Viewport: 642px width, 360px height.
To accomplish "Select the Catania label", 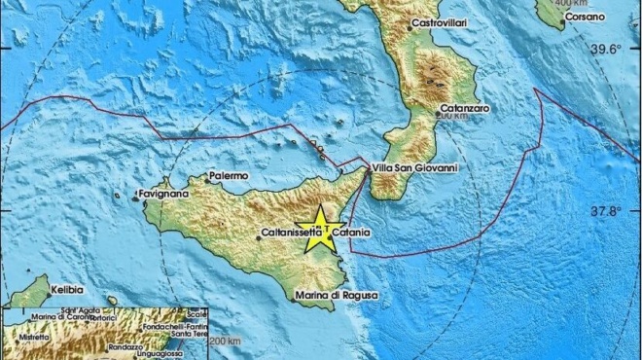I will [351, 234].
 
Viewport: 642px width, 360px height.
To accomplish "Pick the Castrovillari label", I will [448, 21].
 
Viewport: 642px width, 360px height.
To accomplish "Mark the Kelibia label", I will [68, 290].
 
